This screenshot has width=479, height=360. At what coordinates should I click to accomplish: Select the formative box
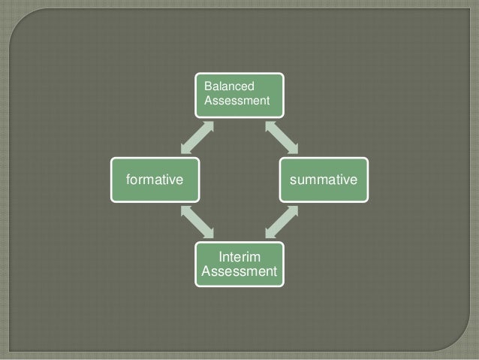coord(155,180)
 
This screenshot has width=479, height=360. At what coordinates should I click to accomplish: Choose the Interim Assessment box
coord(239,264)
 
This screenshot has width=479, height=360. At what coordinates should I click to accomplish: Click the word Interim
coord(240,257)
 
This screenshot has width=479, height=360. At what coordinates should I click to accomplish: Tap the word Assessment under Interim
coord(239,271)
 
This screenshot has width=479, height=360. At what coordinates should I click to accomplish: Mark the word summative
coord(324,180)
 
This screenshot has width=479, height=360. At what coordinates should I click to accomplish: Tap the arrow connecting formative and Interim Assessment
coord(197,222)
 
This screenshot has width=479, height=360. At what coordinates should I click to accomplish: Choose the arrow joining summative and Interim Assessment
coord(282,222)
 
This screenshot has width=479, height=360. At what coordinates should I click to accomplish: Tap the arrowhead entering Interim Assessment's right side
coord(270,234)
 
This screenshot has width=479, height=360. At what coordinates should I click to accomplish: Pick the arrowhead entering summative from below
coord(294,210)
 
